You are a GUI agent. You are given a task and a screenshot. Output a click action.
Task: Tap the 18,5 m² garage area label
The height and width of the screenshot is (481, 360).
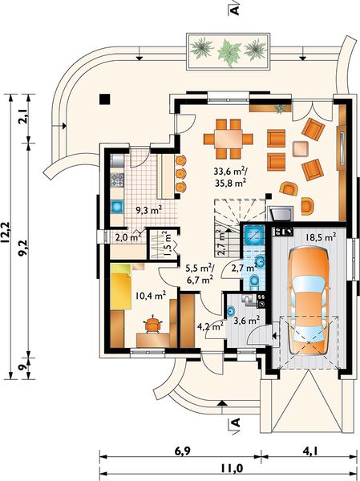point(321,236)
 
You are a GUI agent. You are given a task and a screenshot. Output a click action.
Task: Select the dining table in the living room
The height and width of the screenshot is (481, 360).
point(229,139)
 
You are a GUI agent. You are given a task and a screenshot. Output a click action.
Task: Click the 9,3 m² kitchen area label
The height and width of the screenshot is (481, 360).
point(149,210)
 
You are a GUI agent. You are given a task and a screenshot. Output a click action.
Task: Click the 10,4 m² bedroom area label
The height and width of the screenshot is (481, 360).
point(151,296)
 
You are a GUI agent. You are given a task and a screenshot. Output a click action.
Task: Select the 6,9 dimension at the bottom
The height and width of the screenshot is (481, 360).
point(182,451)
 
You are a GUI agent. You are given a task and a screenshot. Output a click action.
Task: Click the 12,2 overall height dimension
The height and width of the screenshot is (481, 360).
point(6,232)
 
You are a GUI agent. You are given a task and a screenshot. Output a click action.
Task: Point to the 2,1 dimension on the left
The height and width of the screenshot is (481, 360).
point(23,116)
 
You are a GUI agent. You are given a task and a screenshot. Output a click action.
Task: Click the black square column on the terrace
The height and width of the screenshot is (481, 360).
point(105,99)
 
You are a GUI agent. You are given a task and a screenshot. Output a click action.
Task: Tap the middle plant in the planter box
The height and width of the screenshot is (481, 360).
point(229,51)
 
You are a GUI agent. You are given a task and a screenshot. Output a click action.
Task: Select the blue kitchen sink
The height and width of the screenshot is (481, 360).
point(117,207)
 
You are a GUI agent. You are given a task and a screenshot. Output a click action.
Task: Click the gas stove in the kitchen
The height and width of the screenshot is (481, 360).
point(117,180)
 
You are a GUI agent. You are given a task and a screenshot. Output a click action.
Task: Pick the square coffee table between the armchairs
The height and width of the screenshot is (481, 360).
point(301,149)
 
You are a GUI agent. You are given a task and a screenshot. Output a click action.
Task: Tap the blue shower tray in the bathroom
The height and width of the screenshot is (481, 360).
point(254,234)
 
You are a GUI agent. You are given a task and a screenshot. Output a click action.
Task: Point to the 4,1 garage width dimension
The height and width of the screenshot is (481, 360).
point(310,451)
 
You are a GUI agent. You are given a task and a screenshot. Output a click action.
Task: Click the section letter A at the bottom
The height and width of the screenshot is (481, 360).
point(236,423)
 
